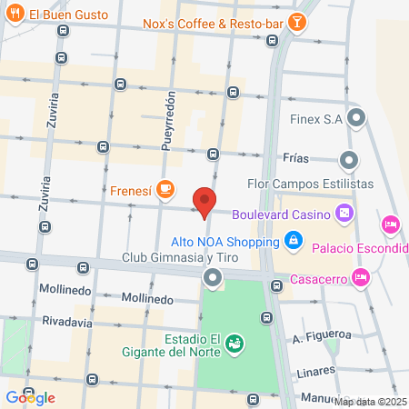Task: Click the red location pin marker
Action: pos(204,202)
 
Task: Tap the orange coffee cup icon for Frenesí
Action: pos(165,190)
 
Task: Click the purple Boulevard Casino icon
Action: pos(344,214)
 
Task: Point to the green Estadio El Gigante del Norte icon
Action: pos(235,343)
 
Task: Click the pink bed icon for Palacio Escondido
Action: pos(391,223)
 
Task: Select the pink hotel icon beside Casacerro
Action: pos(361,277)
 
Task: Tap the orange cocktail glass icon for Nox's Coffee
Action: pos(295,22)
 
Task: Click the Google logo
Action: pos(30,397)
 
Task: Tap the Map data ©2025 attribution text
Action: pos(371,402)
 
